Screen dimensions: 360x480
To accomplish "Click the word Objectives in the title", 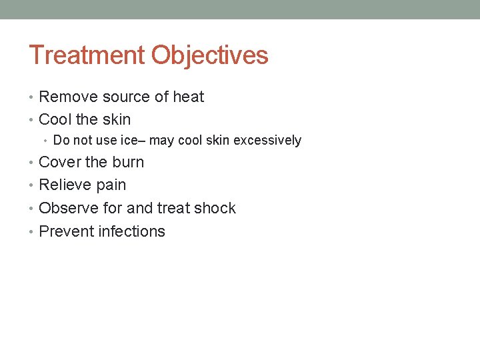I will click(x=210, y=55).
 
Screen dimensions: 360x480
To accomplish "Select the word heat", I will click(x=189, y=97).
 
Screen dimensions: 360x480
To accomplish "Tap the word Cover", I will click(x=59, y=163).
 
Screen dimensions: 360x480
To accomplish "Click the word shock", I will click(x=215, y=209).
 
